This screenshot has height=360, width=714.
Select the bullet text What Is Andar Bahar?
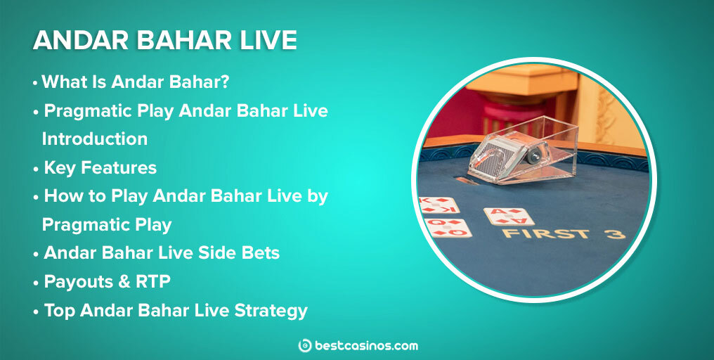pos(136,82)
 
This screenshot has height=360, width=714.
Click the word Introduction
pos(94,139)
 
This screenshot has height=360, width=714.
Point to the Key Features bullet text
pos(100,168)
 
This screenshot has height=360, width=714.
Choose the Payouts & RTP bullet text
pos(107,281)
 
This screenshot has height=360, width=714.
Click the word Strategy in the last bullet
pos(269,310)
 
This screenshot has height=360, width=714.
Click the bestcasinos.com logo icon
pos(305,345)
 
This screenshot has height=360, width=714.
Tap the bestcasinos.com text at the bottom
pos(366,345)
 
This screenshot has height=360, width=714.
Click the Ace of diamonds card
pos(508,217)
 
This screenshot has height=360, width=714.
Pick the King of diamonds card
pos(439,205)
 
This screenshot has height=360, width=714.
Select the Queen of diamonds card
pos(448,228)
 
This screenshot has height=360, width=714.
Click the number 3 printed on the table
pos(615,233)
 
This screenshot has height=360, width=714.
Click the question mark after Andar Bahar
pos(225,82)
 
